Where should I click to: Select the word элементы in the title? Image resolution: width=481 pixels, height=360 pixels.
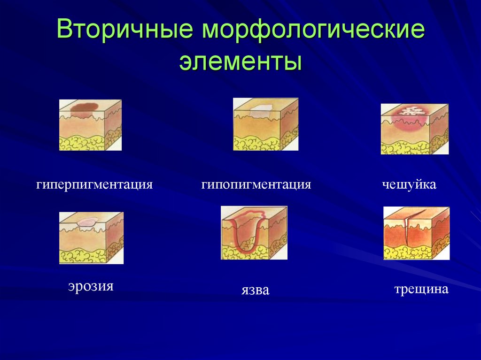tap(240, 61)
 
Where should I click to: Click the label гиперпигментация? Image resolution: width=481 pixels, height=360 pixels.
tap(95, 184)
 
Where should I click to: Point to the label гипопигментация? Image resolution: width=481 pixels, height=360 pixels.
tap(256, 184)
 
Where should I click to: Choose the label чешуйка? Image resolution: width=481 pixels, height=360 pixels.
tap(409, 184)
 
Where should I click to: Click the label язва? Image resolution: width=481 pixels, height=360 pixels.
tap(255, 290)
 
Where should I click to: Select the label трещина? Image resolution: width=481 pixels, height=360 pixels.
tap(421, 289)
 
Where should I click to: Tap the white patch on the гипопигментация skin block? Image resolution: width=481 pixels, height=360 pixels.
tap(260, 111)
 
